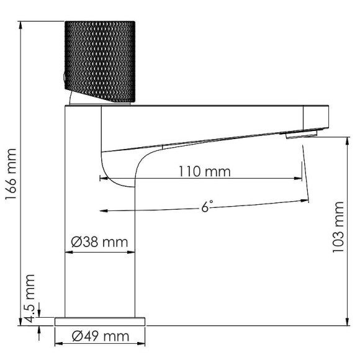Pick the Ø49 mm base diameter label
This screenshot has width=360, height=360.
100,336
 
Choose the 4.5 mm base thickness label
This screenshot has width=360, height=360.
29,298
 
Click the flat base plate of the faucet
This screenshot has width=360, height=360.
99,321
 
